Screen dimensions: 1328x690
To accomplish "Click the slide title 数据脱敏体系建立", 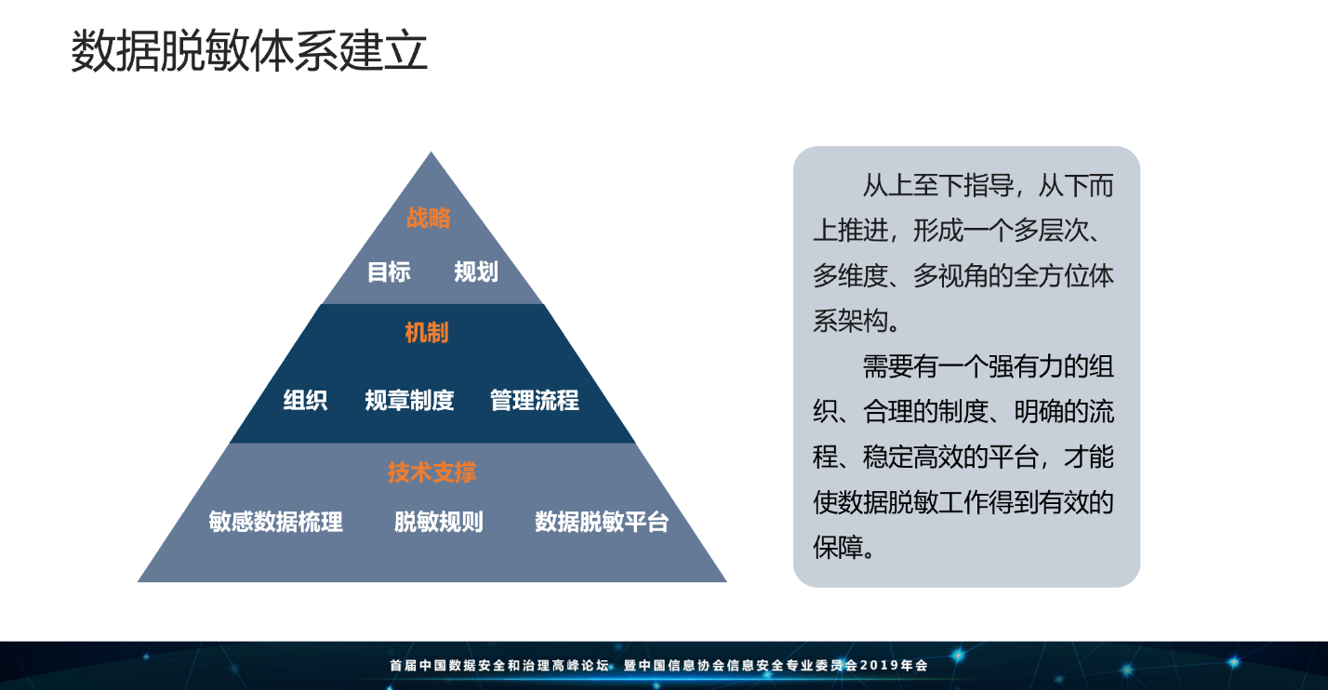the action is click(x=249, y=51).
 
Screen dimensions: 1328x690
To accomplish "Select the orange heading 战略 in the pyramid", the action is click(x=429, y=219).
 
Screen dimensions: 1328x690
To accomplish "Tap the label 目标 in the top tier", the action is click(x=389, y=272).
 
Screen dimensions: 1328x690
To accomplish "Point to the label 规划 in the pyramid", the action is click(x=476, y=272).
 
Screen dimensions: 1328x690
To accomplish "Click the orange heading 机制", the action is click(x=427, y=333).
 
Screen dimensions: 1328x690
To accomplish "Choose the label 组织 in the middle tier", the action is click(x=305, y=400).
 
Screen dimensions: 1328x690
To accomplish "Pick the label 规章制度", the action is click(x=409, y=400).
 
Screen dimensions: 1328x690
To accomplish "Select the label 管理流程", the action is click(x=534, y=400).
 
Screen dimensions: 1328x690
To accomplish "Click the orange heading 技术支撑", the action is click(x=432, y=472).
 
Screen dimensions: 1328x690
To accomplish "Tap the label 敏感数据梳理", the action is click(x=275, y=522).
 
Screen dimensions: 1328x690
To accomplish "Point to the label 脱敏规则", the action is click(x=439, y=522).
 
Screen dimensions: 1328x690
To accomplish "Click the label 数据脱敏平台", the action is click(x=602, y=522).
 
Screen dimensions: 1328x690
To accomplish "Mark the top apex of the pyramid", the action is click(x=431, y=153).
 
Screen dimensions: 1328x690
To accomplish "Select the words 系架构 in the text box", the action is click(x=850, y=322).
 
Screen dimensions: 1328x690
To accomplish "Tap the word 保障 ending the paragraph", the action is click(x=837, y=547).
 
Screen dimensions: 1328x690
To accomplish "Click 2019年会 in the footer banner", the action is click(x=894, y=666).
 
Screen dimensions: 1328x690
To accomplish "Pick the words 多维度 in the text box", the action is click(x=850, y=276).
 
